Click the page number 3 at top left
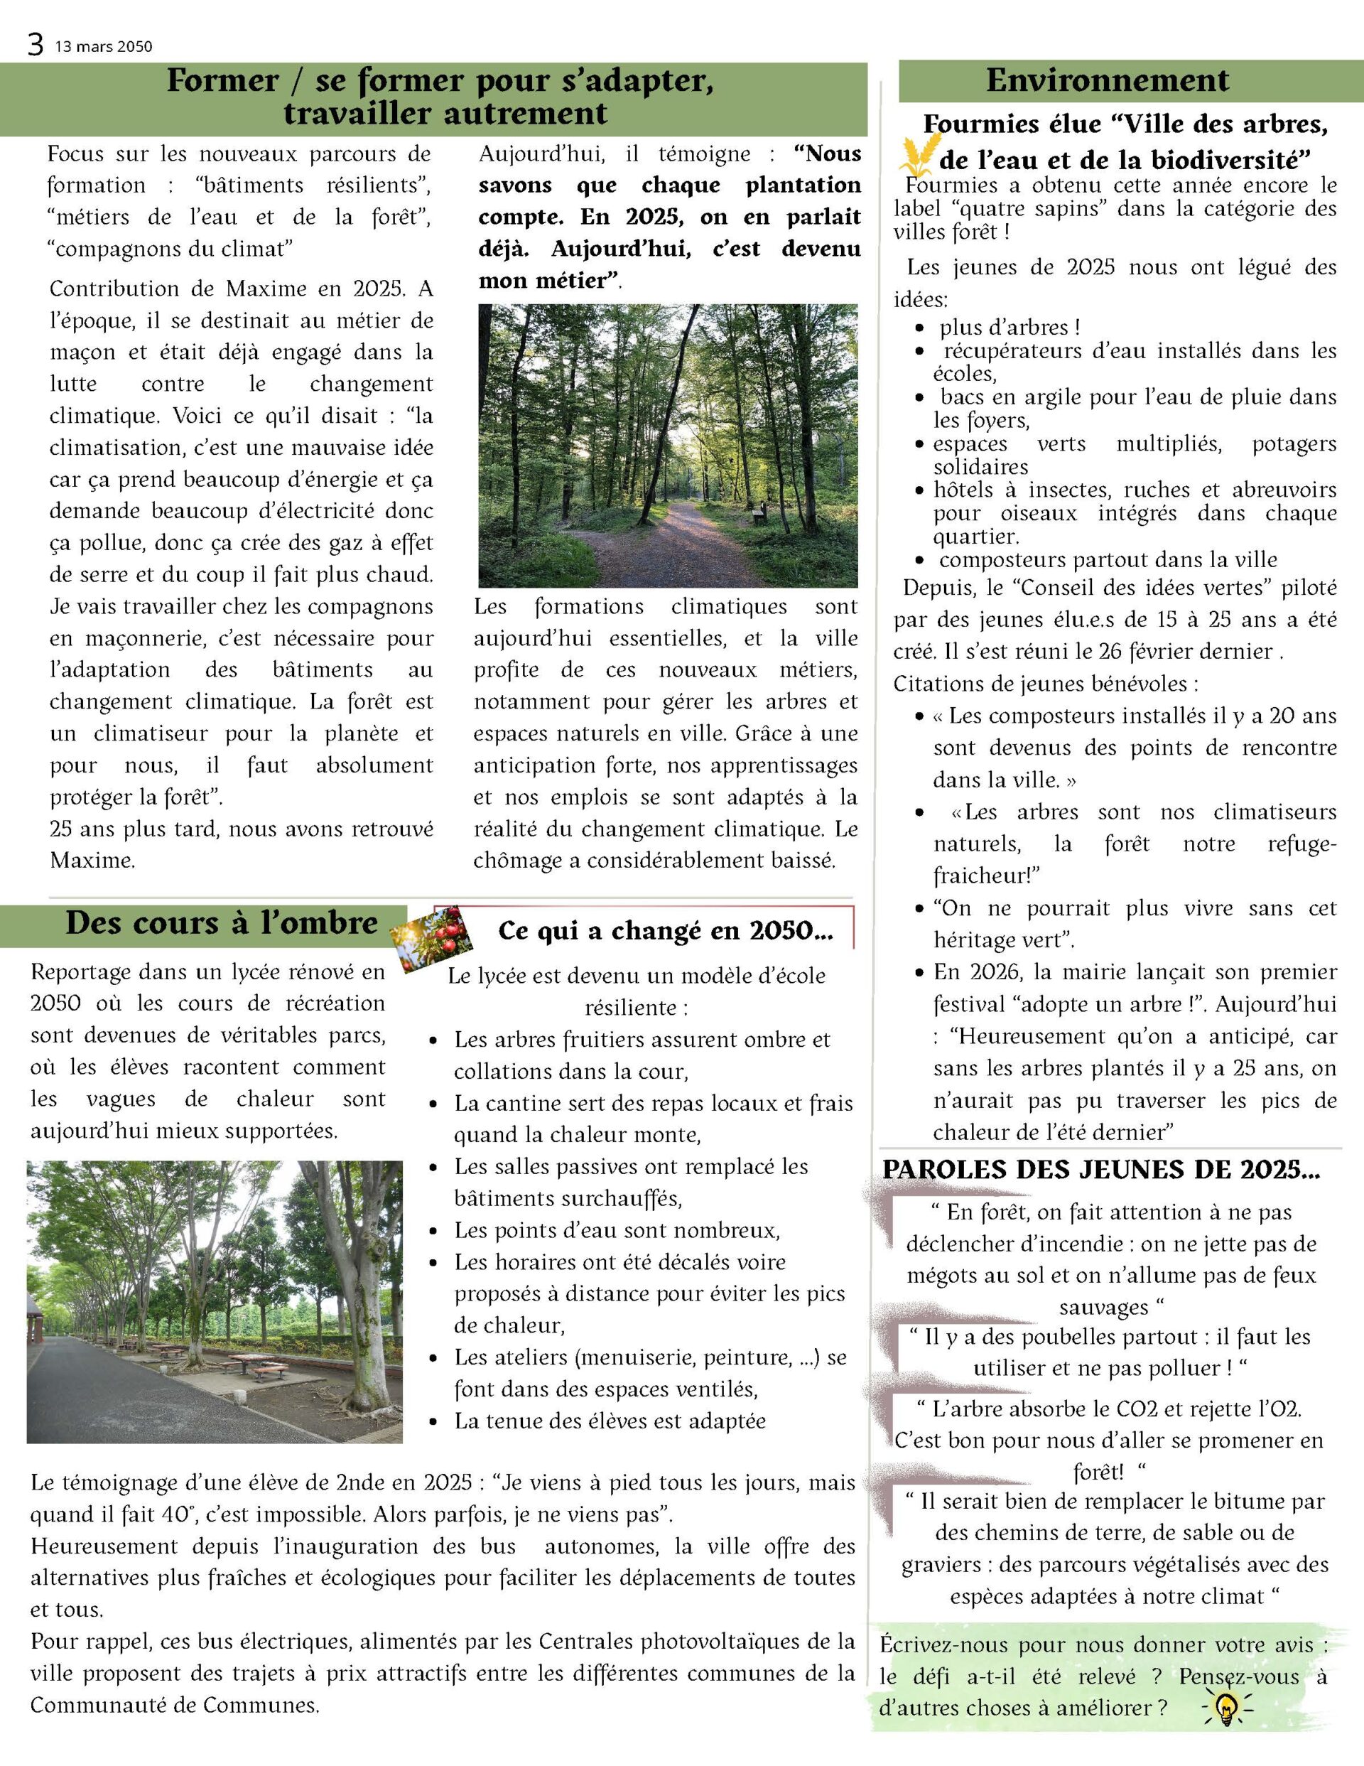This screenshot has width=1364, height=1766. click(x=35, y=45)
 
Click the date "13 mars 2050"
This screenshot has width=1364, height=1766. click(x=104, y=47)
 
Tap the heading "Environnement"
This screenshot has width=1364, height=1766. click(x=1107, y=81)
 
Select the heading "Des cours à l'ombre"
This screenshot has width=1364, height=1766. click(x=222, y=923)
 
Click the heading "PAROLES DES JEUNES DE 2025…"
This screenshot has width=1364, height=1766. click(x=1100, y=1170)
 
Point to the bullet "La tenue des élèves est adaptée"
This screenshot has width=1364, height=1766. click(x=610, y=1421)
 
